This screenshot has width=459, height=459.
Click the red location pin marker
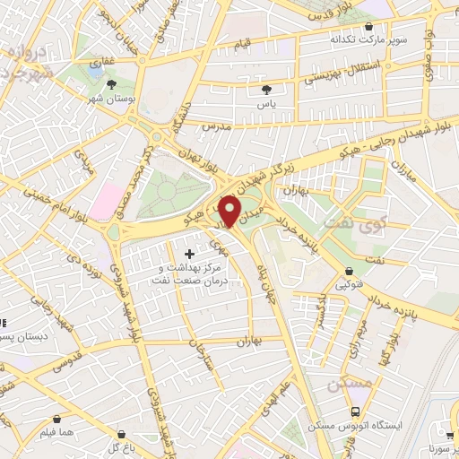click(x=230, y=210)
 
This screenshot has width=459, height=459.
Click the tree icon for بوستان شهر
click(x=110, y=85)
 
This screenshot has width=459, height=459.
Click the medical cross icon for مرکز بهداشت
click(x=188, y=255)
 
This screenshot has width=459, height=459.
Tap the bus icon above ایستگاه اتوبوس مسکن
click(x=357, y=411)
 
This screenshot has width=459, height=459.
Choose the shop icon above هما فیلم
click(x=58, y=419)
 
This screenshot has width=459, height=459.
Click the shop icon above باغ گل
click(x=113, y=434)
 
